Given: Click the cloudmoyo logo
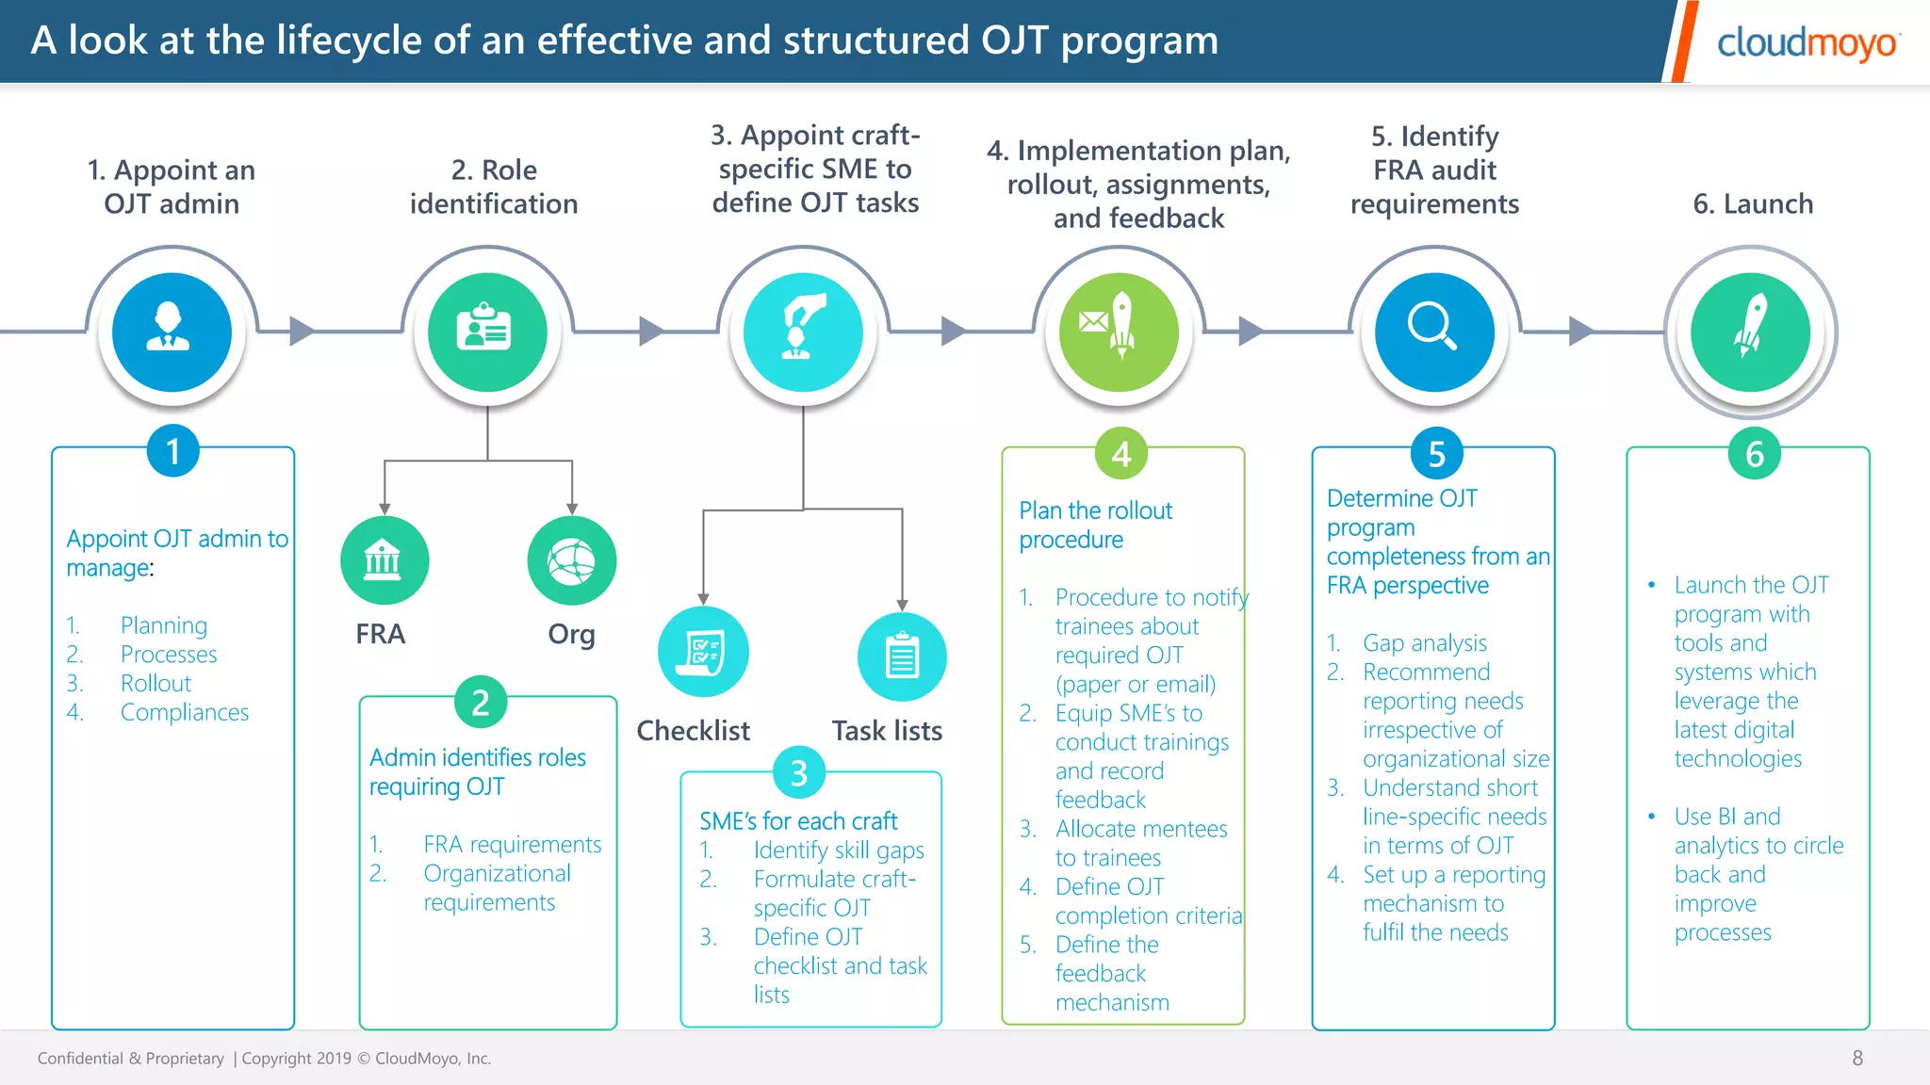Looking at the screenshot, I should (1806, 43).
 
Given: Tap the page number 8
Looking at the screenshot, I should (1857, 1058).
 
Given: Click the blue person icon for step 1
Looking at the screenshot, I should (172, 332).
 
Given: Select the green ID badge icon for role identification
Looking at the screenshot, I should (487, 332).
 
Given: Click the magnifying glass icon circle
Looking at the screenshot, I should (1434, 332).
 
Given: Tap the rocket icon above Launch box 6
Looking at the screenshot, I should (1750, 332).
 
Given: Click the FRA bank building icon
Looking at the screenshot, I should (384, 560).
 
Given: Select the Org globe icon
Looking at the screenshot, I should (572, 560).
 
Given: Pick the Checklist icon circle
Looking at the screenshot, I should (703, 652).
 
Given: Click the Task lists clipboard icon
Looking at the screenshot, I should (902, 656).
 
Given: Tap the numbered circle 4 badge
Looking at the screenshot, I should (1120, 454).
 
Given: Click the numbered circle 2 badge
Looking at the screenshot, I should (481, 703).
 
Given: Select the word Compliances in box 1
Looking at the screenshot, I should (185, 713).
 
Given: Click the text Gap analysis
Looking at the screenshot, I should (1424, 643).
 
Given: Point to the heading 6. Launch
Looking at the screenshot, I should (1752, 204).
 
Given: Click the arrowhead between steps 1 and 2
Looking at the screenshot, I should (302, 331).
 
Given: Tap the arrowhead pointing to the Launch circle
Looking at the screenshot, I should (1580, 331).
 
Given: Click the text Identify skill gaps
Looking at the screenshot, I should (839, 850).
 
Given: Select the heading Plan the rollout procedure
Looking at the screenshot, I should (1095, 525).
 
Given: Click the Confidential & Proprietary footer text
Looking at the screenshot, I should (131, 1059).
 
